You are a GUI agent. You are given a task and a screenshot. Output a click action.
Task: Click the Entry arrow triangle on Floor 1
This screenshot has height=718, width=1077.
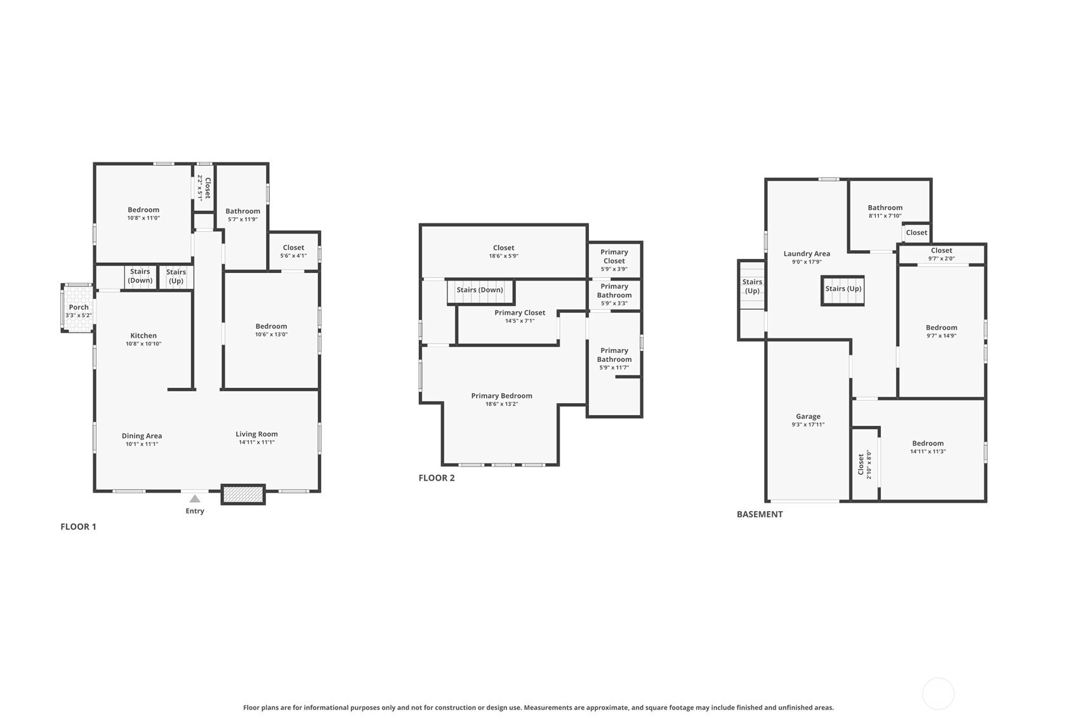195,499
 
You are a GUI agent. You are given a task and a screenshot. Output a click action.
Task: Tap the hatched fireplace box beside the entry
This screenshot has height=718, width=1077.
243,495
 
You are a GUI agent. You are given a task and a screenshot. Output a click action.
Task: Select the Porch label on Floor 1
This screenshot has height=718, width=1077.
78,307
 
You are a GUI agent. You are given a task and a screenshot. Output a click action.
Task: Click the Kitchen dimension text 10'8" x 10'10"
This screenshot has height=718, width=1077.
143,344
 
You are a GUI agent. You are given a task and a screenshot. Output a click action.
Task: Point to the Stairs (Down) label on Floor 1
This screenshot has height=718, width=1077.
140,276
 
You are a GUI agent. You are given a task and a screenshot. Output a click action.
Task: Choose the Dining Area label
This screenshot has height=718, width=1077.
142,435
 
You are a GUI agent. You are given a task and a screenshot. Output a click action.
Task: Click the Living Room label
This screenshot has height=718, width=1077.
257,434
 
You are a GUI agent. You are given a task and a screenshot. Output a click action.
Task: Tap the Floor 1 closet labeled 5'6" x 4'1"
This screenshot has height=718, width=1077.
293,251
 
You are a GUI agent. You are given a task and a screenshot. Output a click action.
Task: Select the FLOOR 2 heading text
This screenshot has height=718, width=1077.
437,478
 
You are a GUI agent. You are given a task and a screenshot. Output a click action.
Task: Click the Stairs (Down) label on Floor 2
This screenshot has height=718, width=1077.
480,290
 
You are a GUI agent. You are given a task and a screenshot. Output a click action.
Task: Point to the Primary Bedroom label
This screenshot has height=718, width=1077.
501,396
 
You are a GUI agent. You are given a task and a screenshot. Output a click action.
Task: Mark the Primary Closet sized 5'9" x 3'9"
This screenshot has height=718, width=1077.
614,260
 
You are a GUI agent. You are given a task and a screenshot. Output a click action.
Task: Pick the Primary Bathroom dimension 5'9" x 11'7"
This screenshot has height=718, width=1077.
614,368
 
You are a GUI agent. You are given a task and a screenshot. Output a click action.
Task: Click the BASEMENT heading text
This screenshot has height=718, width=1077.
760,514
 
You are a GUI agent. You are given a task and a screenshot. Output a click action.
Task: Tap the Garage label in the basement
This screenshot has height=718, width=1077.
808,416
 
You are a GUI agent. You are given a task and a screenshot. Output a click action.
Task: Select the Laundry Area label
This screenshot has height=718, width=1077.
807,254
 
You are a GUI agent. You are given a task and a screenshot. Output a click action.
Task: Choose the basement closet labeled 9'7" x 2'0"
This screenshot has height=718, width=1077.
941,254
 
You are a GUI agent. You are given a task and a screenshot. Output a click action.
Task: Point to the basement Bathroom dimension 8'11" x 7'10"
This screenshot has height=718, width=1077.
885,216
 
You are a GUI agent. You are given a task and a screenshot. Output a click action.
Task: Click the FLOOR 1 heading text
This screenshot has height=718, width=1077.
78,527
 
